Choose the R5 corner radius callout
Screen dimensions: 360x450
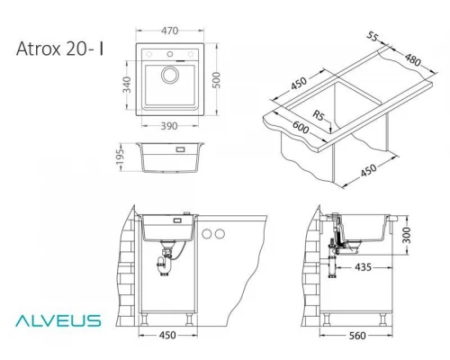(316, 115)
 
